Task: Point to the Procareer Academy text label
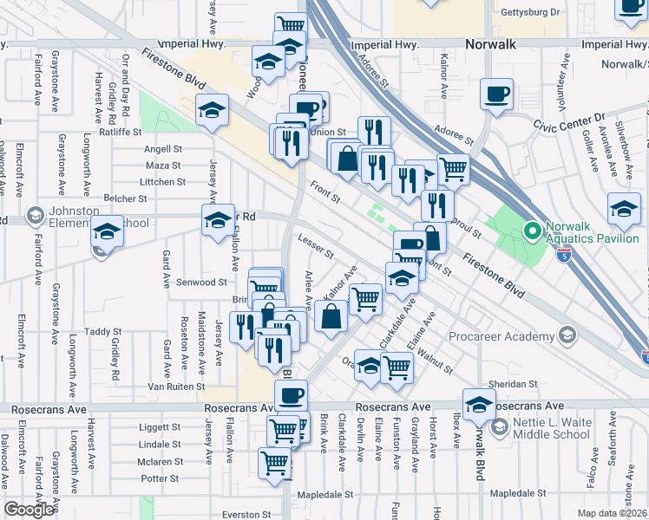point(501,335)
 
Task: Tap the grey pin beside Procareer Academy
point(567,335)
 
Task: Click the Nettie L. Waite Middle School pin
point(499,426)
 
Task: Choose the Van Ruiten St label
point(175,387)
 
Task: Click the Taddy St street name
point(103,331)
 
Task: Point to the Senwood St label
point(201,283)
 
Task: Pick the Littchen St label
point(163,182)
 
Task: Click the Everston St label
point(246,514)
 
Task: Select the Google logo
point(29,510)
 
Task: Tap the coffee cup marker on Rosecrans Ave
point(291,396)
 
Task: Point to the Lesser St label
point(315,248)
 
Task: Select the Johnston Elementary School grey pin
point(36,214)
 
